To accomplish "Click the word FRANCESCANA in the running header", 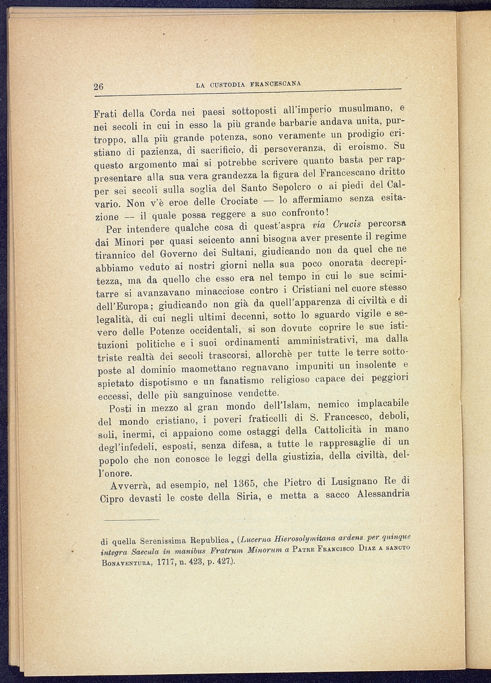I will click(279, 84).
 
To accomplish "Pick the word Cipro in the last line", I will click(112, 499).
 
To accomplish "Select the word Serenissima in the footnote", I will click(158, 541).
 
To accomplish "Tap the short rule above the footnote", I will click(132, 520).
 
